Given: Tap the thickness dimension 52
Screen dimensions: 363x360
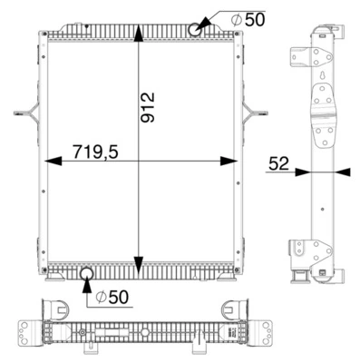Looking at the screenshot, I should click(278, 163).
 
